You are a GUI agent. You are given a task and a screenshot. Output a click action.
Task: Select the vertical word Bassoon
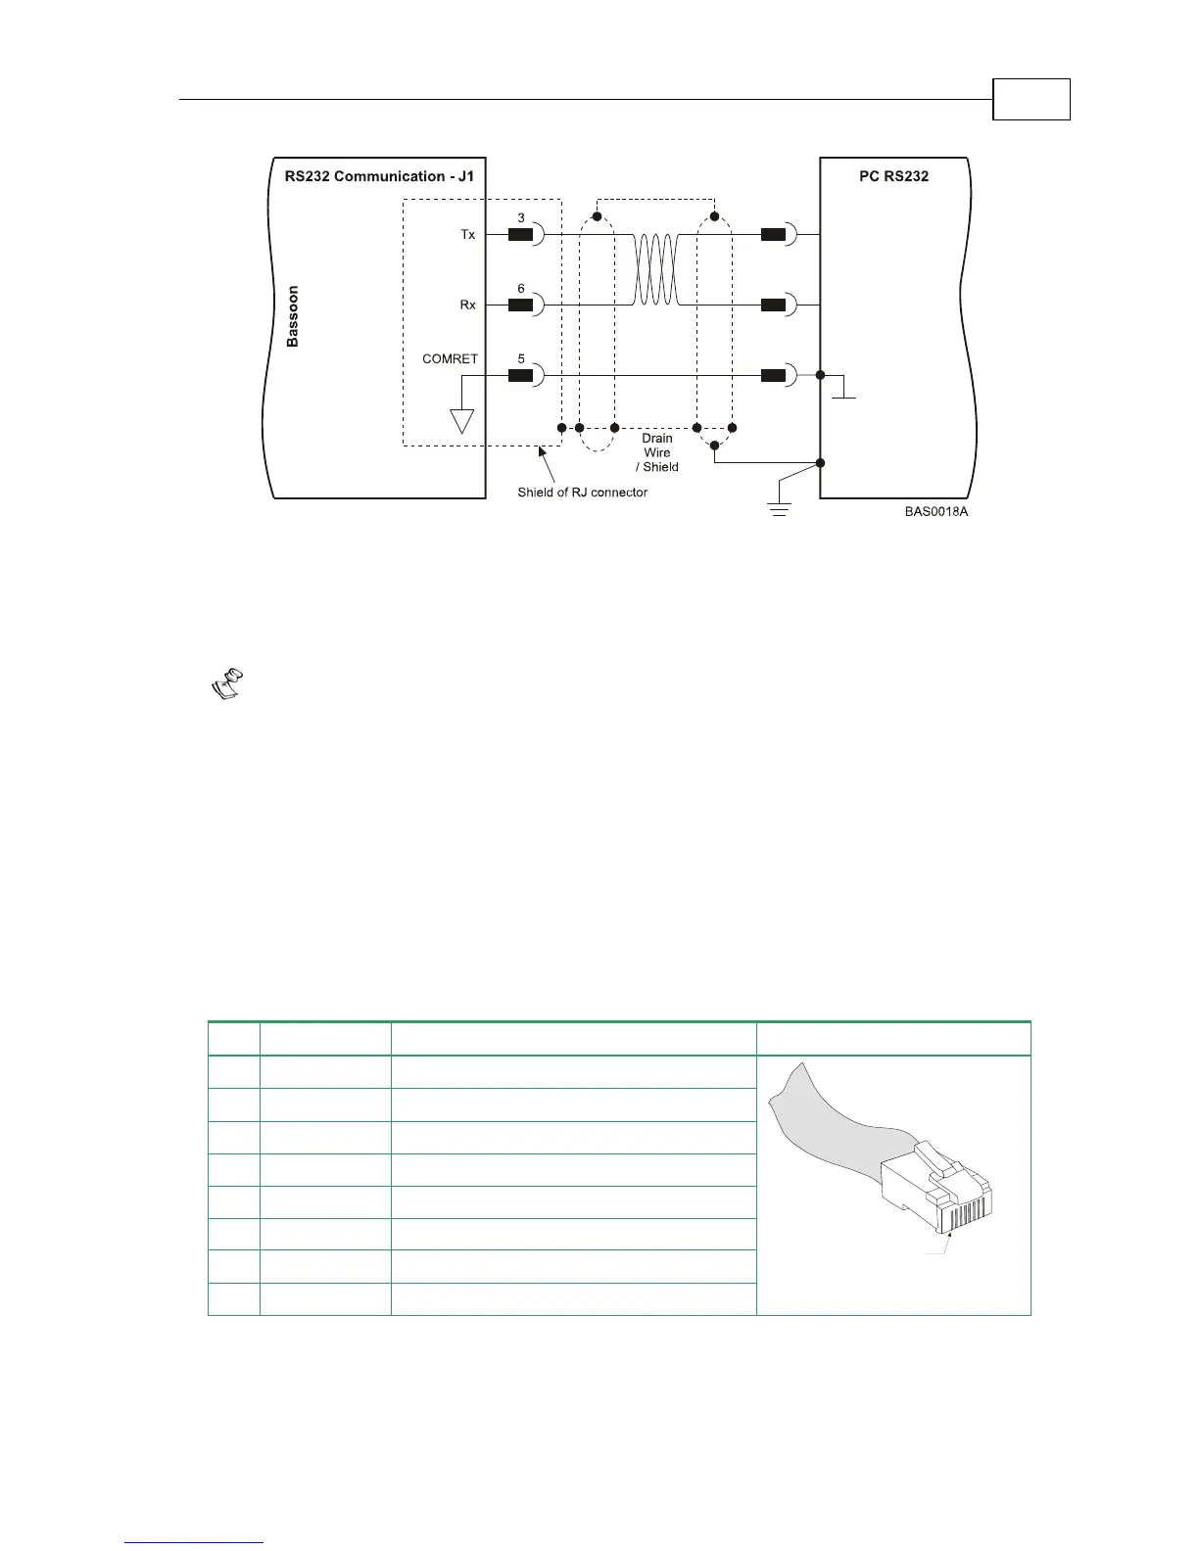(x=293, y=316)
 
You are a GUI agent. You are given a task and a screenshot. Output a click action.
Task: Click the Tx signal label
(x=468, y=235)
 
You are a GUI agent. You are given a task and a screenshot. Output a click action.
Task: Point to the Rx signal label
(x=468, y=305)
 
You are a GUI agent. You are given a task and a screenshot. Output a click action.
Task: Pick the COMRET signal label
(x=450, y=358)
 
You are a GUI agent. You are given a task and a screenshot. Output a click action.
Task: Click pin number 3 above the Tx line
(x=521, y=218)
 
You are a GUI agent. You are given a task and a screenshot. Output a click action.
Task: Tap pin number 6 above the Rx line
(x=521, y=289)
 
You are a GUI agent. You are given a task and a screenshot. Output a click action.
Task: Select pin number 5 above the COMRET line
(x=521, y=358)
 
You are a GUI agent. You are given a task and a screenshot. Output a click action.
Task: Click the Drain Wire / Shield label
(x=657, y=452)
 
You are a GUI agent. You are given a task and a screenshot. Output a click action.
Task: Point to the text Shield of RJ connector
(x=582, y=493)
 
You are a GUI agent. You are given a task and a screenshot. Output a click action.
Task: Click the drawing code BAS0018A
(x=936, y=511)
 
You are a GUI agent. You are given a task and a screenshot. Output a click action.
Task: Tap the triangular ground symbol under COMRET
(x=461, y=420)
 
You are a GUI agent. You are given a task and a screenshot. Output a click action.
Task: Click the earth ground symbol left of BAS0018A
(x=779, y=505)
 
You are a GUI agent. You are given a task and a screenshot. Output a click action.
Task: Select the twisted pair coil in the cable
(x=655, y=269)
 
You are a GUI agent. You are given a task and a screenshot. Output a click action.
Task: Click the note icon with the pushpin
(x=228, y=683)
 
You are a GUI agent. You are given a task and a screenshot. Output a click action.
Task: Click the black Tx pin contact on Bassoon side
(x=520, y=235)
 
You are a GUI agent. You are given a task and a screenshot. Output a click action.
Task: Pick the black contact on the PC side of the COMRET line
(x=773, y=374)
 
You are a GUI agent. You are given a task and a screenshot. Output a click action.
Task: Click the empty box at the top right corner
(x=1031, y=99)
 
